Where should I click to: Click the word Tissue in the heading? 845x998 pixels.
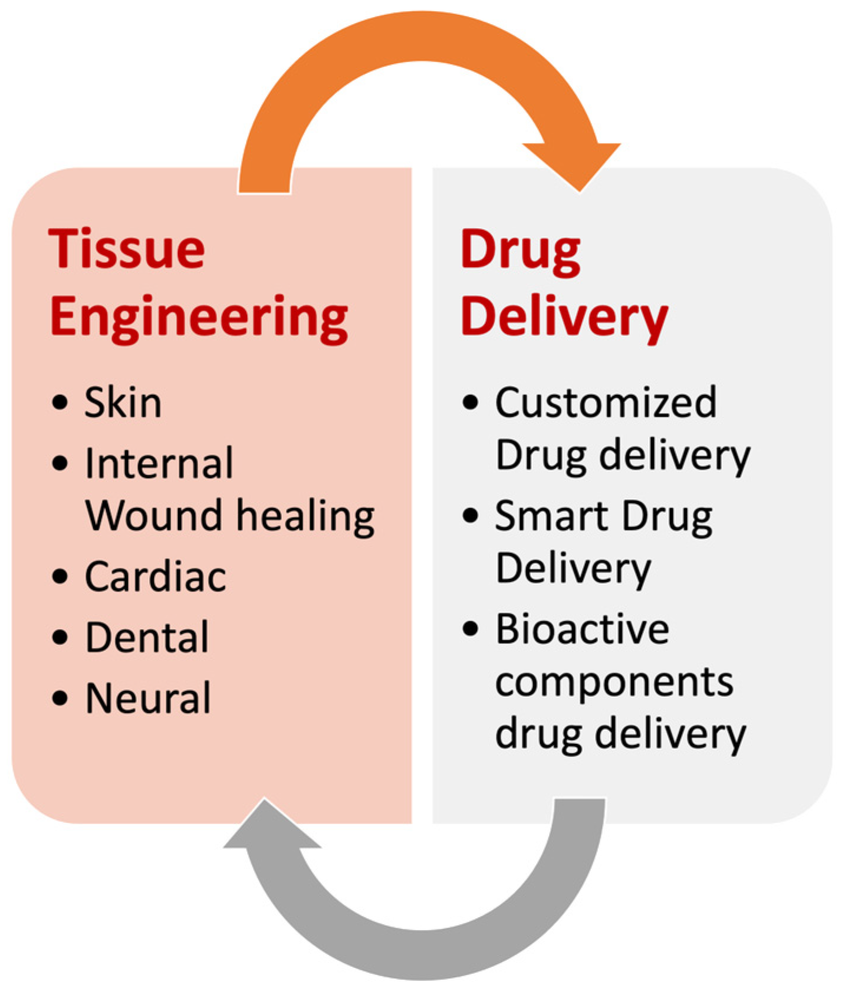point(127,249)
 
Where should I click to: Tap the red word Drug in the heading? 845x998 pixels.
point(520,252)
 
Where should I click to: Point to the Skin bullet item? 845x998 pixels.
point(123,403)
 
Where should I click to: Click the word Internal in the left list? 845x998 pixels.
point(159,463)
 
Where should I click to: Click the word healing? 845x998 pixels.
point(305,516)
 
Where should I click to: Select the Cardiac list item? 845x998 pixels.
point(156,577)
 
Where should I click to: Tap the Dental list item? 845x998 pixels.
point(147,637)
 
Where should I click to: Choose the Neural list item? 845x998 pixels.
point(148,698)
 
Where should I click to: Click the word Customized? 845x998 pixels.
point(606,403)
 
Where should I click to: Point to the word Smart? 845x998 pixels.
point(551,516)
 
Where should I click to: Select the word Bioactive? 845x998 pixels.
point(582,629)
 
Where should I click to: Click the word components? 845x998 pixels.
point(614,683)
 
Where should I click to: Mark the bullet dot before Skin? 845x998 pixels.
point(60,403)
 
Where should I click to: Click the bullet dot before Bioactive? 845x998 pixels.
point(470,629)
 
